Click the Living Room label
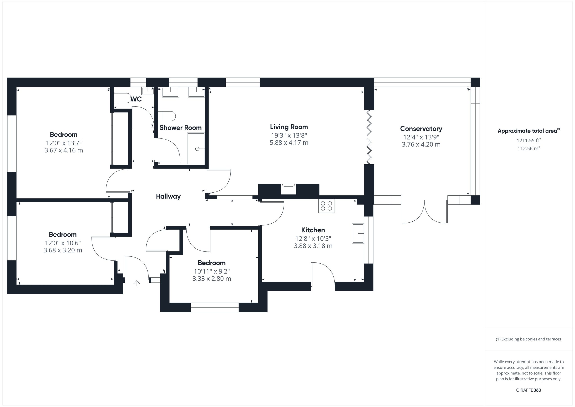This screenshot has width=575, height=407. point(289,127)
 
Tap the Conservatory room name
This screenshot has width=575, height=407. point(421,129)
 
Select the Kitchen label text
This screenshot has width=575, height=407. point(313,230)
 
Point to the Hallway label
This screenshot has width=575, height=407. point(168,196)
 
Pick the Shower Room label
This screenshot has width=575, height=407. point(181,128)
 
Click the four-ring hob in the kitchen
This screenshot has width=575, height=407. point(326,206)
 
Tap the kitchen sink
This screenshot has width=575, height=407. point(358,233)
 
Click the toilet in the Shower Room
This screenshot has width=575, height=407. point(167,116)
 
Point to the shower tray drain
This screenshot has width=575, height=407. point(197,149)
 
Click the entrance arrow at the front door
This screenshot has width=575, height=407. point(137,283)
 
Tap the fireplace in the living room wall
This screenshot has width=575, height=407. point(288,189)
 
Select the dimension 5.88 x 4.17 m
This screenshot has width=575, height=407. point(289,143)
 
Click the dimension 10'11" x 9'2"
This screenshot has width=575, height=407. point(212,271)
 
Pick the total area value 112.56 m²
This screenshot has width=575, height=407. point(529,148)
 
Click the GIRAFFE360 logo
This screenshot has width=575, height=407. point(529,390)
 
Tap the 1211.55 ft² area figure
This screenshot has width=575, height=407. point(529,140)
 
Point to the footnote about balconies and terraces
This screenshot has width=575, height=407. point(529,339)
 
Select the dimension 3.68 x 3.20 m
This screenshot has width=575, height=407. point(63,250)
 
